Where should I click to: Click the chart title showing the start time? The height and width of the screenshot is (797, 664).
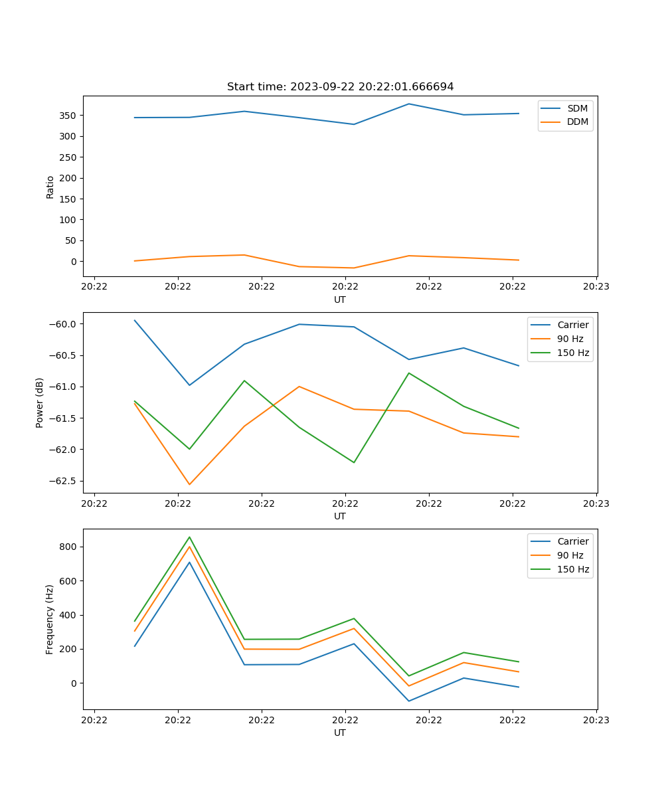click(x=340, y=87)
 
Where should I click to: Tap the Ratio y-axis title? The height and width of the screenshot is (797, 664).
click(x=50, y=187)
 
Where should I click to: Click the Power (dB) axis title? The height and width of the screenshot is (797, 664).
click(x=40, y=402)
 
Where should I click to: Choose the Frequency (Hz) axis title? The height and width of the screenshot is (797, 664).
click(x=50, y=619)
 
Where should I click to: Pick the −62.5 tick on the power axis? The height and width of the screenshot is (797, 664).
click(x=66, y=481)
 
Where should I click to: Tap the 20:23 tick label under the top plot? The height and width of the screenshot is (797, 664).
click(x=596, y=287)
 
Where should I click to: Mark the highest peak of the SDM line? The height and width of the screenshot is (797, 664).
click(x=409, y=104)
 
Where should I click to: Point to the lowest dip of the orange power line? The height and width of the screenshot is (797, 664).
click(x=189, y=484)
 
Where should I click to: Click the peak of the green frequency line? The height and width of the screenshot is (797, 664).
click(x=189, y=537)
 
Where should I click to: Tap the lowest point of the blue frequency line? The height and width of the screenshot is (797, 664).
click(x=409, y=701)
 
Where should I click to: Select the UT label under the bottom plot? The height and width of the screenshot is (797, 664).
click(x=340, y=733)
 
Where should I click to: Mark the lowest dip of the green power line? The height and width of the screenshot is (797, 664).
click(x=354, y=462)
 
